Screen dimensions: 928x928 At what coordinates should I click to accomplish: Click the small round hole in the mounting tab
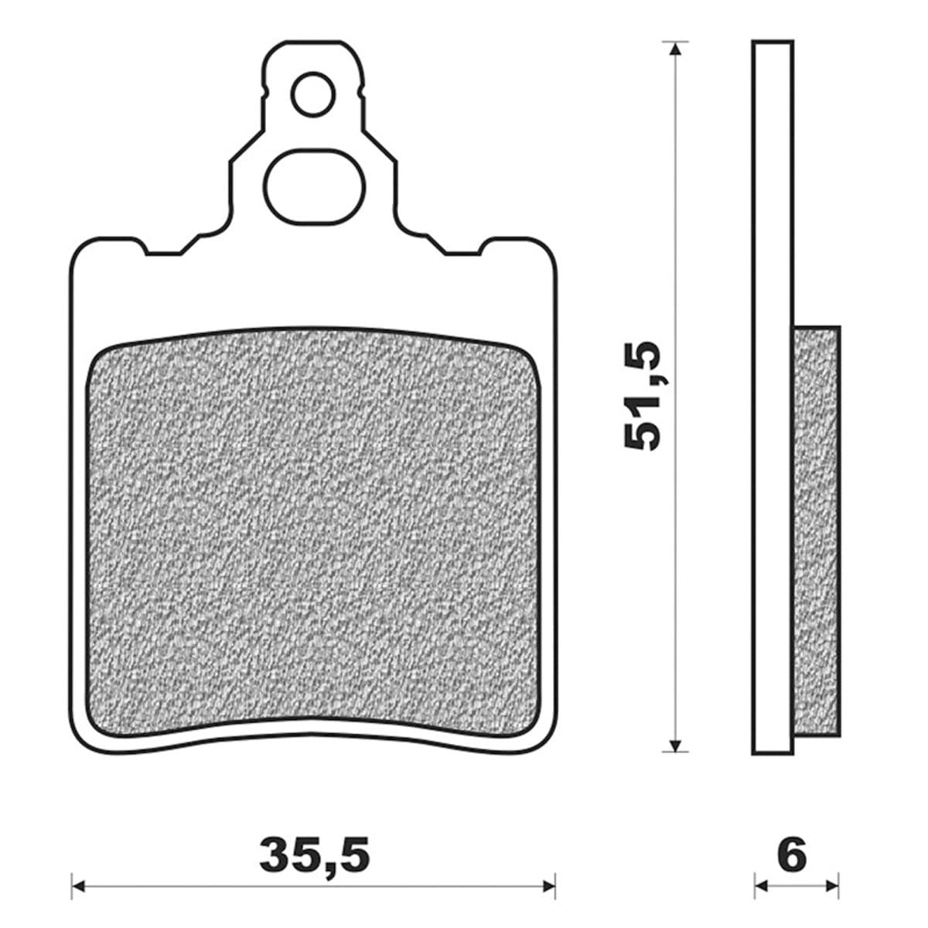pyautogui.click(x=314, y=94)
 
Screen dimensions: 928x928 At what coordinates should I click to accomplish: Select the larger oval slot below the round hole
pyautogui.click(x=314, y=186)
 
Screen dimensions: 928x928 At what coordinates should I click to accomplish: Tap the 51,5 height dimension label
pyautogui.click(x=643, y=395)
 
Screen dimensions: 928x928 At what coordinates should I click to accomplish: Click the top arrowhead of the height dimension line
pyautogui.click(x=677, y=49)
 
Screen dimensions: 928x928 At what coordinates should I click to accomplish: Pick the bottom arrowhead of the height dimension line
pyautogui.click(x=677, y=745)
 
